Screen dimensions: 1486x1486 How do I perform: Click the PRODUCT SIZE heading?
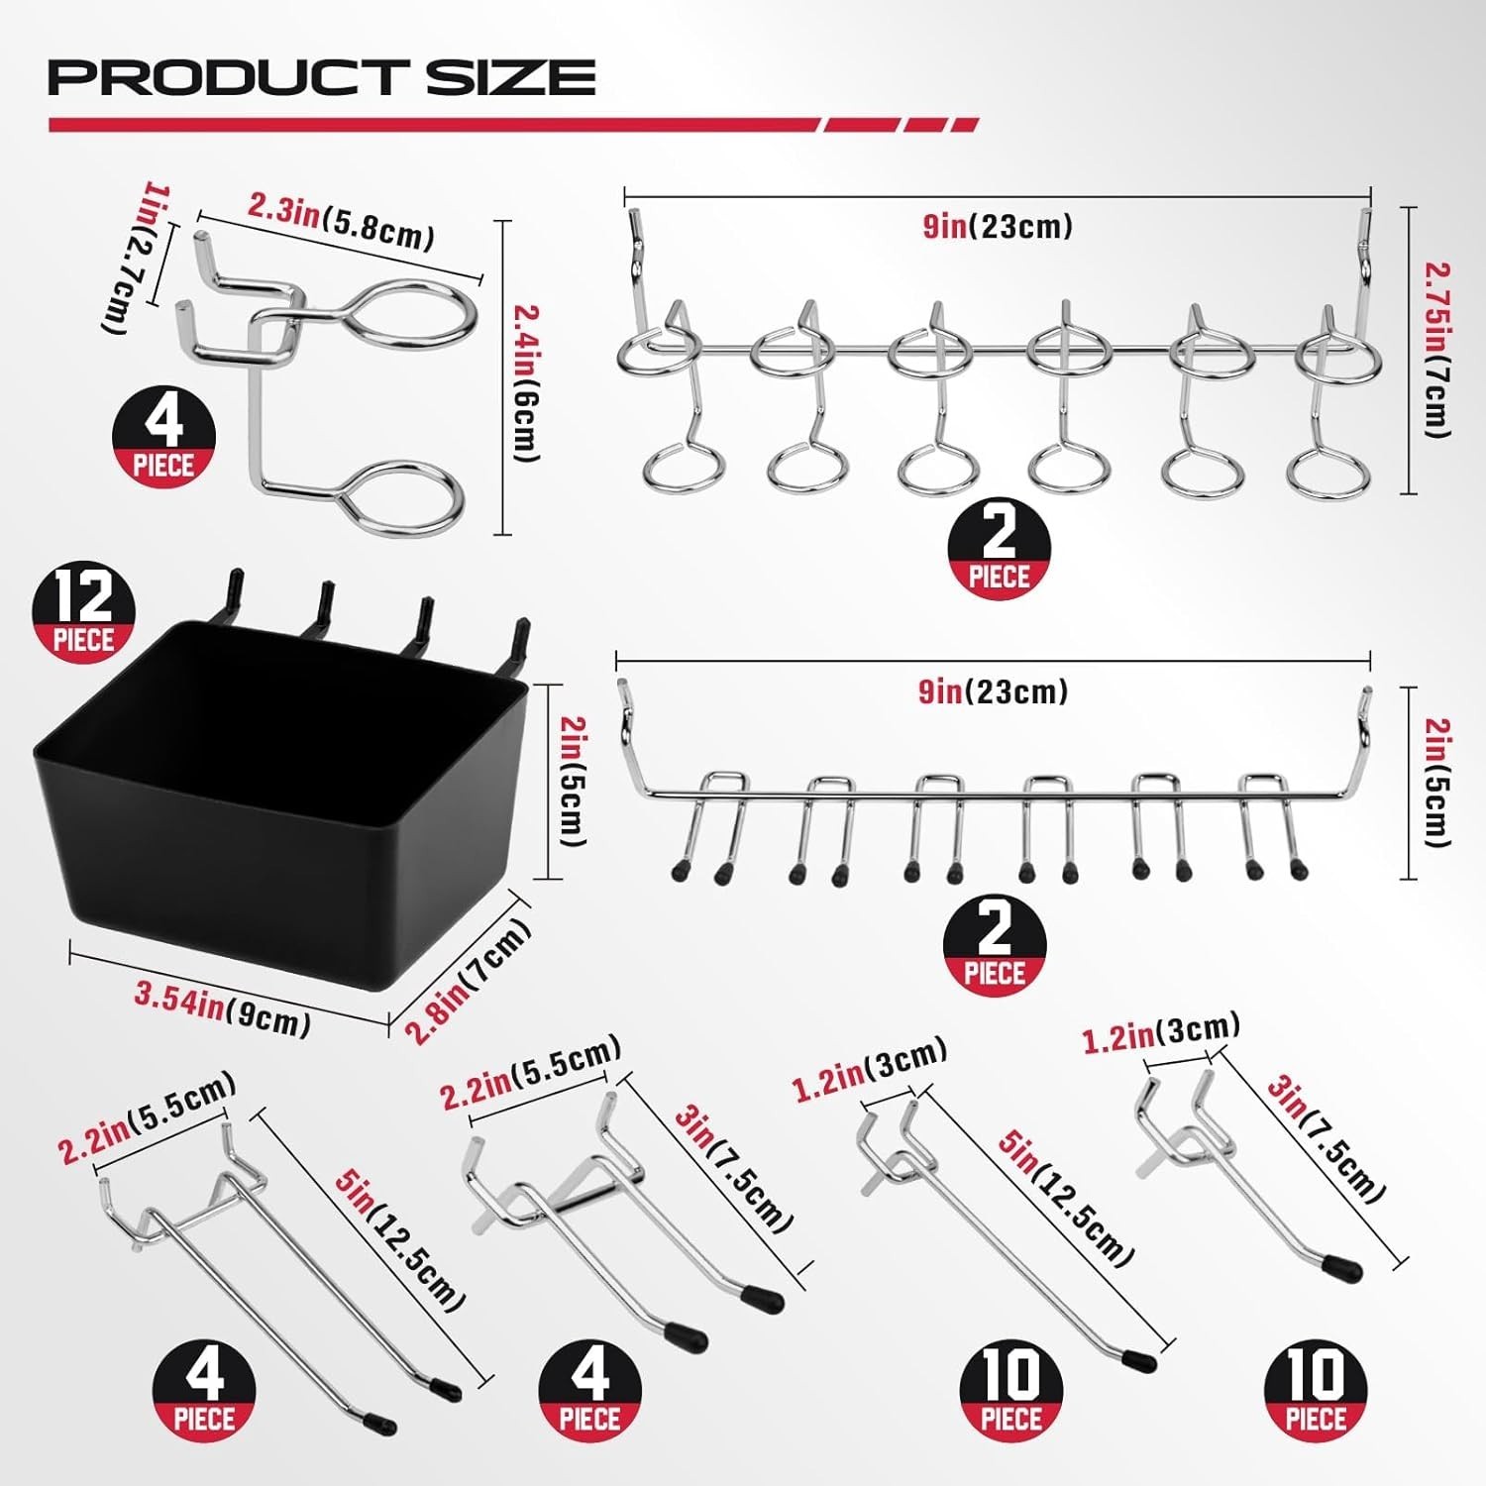coord(322,77)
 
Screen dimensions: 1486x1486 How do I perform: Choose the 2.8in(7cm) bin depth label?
coord(470,981)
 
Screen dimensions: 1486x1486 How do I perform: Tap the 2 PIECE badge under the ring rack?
coord(999,548)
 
